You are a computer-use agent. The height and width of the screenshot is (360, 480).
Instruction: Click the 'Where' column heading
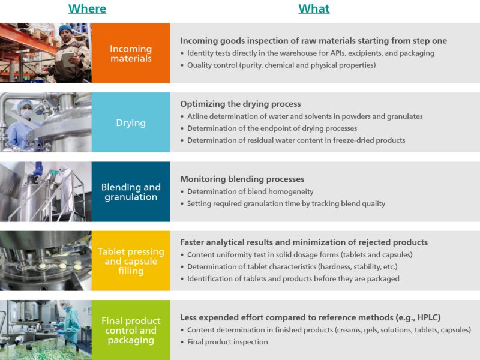tap(87, 8)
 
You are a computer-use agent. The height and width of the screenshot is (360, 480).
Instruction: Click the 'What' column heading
tap(314, 8)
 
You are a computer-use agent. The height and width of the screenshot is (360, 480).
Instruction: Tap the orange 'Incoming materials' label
tap(131, 53)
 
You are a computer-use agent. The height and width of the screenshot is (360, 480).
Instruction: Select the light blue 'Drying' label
tap(131, 123)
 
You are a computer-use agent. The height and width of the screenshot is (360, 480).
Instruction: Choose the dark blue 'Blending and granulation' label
tap(131, 192)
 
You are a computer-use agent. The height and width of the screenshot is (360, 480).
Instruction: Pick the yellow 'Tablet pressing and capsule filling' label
tap(131, 261)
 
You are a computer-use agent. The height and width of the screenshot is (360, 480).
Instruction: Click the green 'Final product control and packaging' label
tap(131, 330)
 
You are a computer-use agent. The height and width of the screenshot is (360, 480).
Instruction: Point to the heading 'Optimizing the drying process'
tap(240, 104)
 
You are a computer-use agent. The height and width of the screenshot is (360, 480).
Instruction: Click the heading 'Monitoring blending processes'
tap(242, 179)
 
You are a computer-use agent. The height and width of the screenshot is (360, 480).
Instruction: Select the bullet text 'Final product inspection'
tap(227, 342)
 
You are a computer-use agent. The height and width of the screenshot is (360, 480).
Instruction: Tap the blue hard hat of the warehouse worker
tap(65, 29)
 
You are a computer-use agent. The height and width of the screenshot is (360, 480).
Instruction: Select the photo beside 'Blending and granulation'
tap(46, 192)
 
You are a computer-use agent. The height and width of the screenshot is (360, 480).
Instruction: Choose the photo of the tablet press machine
tap(46, 261)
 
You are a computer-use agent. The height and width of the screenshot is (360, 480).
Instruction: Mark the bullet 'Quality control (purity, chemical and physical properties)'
tap(281, 65)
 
